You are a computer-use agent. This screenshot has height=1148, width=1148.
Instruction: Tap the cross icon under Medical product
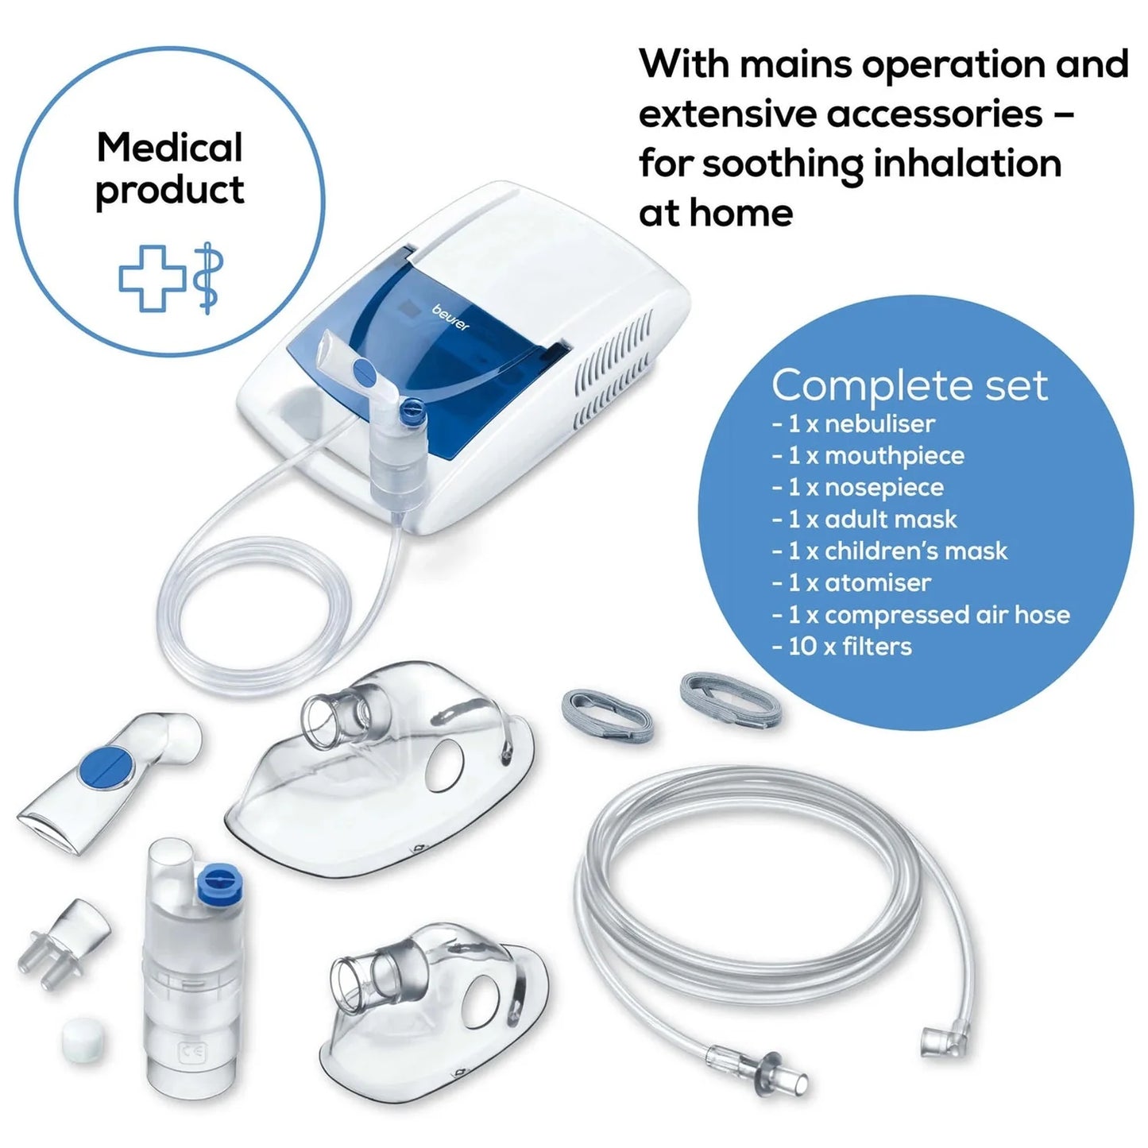click(x=152, y=277)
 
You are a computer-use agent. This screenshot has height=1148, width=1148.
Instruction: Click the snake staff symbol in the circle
click(x=208, y=277)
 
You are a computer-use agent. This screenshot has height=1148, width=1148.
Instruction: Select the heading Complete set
click(x=909, y=385)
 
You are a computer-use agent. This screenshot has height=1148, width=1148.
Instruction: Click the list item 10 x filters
click(x=842, y=647)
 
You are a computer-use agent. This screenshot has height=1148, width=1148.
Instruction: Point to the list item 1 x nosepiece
click(x=858, y=487)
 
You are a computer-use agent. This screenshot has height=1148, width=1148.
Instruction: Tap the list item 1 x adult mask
click(x=865, y=520)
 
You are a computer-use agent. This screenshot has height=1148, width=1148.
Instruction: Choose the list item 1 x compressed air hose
click(x=922, y=615)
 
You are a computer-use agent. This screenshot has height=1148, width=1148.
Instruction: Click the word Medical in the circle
click(x=169, y=148)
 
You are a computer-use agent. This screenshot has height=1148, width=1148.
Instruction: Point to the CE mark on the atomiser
click(x=193, y=1053)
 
